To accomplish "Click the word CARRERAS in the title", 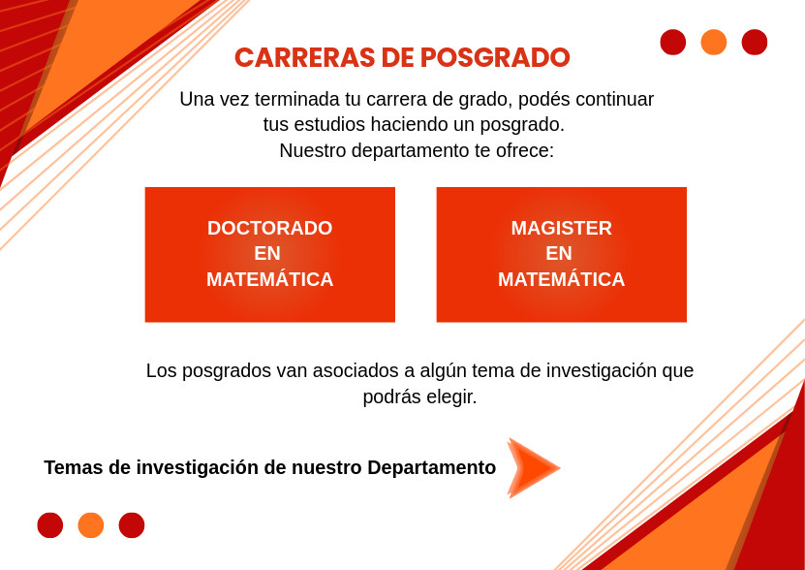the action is click(304, 57).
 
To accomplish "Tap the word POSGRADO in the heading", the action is click(495, 57).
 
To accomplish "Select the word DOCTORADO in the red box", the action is click(270, 228).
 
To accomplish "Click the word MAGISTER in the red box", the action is click(561, 228).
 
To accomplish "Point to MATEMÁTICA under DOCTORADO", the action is click(270, 279).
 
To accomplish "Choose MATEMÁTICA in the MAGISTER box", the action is click(561, 279).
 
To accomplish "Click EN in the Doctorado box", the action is click(267, 253).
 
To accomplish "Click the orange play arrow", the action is click(533, 467).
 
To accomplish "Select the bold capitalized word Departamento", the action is click(432, 468).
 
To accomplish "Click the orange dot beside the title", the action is click(714, 42).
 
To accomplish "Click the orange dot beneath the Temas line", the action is click(91, 525).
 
